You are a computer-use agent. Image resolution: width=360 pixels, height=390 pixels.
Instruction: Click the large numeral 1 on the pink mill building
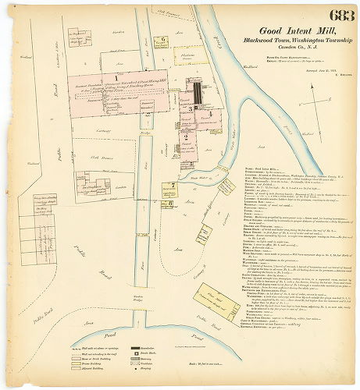(116, 76)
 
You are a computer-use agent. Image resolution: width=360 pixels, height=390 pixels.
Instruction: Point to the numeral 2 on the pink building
(186, 136)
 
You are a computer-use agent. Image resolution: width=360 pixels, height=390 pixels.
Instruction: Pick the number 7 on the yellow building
(166, 186)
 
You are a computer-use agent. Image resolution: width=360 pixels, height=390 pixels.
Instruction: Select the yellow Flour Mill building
(213, 300)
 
